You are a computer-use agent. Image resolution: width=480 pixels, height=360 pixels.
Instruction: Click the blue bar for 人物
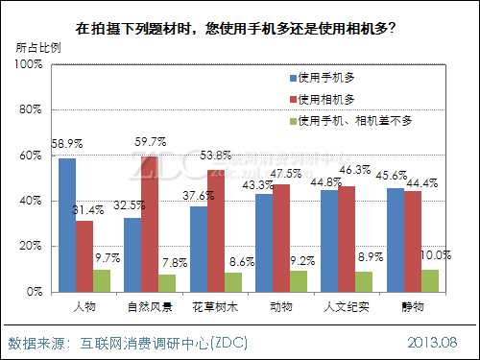66,224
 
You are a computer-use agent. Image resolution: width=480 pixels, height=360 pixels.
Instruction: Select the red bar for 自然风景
149,223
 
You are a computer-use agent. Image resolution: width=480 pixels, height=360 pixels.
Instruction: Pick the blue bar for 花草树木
199,248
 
